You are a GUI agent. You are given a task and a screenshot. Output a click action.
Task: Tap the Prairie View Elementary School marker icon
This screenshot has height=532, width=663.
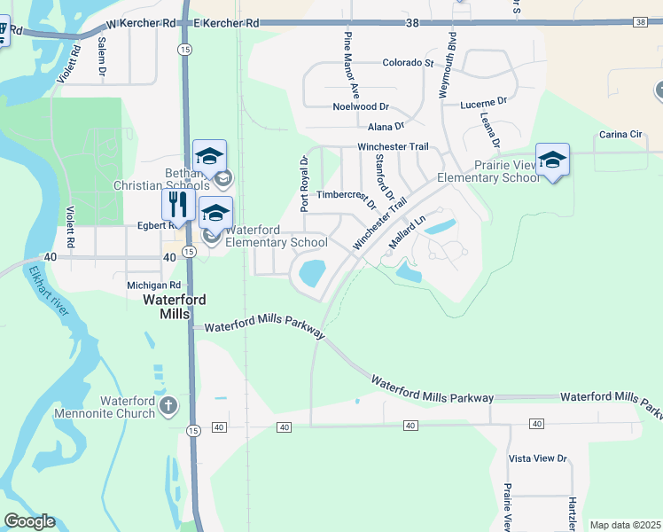[552, 160]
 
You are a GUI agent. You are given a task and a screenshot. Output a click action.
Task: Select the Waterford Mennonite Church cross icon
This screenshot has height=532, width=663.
[168, 406]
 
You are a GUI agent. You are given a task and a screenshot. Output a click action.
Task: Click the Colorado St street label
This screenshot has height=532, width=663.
[407, 63]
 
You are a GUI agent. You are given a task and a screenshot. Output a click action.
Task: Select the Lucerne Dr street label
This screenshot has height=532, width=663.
[483, 103]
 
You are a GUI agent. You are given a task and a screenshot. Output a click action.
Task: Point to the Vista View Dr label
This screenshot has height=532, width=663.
[537, 458]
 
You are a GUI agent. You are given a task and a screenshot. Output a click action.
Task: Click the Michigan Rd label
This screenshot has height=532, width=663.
[153, 285]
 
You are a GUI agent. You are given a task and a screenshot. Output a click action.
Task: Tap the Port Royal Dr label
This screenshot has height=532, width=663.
[304, 184]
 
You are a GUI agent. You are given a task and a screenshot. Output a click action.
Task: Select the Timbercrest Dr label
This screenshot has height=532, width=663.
[347, 197]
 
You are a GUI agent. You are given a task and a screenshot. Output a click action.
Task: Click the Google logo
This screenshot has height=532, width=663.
[29, 521]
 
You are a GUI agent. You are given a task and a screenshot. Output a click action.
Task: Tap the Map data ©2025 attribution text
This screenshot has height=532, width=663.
[624, 525]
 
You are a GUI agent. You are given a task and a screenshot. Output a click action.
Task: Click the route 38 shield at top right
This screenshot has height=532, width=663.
[640, 22]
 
